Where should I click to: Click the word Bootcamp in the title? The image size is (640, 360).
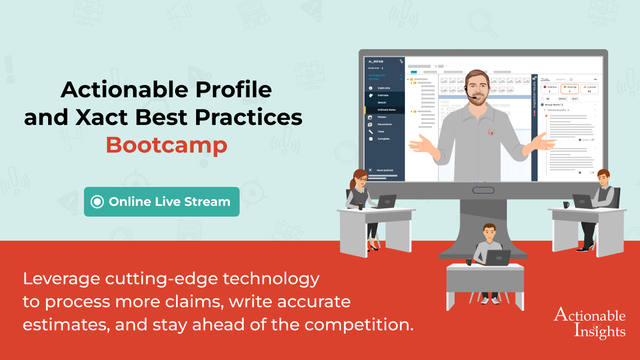pyautogui.click(x=166, y=145)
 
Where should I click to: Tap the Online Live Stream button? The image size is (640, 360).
pyautogui.click(x=162, y=202)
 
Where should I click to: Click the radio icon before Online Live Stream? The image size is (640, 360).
pyautogui.click(x=97, y=202)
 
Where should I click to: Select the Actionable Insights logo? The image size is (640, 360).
pyautogui.click(x=589, y=323)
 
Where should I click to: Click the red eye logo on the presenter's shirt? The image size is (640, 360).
pyautogui.click(x=492, y=132)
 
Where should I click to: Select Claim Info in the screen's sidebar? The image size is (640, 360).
pyautogui.click(x=383, y=88)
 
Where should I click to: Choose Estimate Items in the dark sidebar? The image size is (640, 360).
pyautogui.click(x=387, y=110)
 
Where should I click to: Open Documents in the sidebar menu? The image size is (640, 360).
pyautogui.click(x=385, y=124)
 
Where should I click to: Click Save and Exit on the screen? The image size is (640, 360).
pyautogui.click(x=385, y=170)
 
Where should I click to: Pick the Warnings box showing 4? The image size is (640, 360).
pyautogui.click(x=569, y=89)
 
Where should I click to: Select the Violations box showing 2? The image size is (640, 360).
pyautogui.click(x=549, y=89)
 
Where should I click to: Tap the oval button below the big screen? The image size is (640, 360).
pyautogui.click(x=483, y=190)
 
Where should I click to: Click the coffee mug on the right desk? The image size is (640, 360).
pyautogui.click(x=566, y=205)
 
